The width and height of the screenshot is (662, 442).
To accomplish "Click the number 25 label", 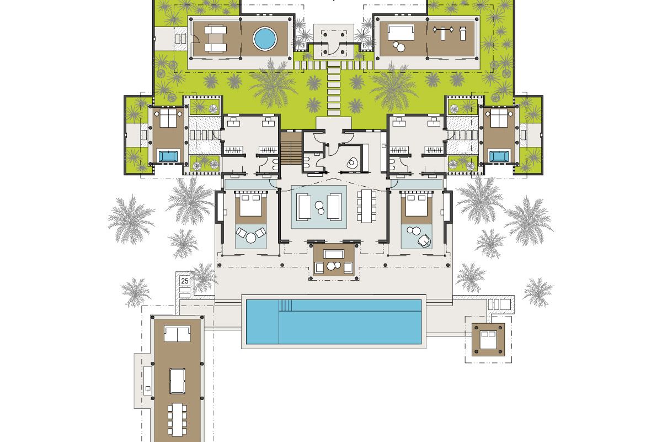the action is (x=185, y=281).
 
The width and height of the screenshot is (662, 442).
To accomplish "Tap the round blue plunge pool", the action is (x=265, y=39).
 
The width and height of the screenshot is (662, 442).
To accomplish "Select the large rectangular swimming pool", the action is (x=334, y=322).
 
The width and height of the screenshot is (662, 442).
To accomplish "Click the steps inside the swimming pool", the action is (x=286, y=305).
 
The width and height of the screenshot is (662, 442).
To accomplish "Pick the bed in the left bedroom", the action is (x=251, y=205).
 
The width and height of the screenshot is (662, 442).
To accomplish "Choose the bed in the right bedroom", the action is (x=417, y=205).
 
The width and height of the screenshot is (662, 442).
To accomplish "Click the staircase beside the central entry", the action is (x=291, y=148).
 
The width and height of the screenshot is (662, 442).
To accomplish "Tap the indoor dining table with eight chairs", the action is (x=366, y=206).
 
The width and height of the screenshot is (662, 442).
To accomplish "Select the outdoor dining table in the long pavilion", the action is (x=177, y=419).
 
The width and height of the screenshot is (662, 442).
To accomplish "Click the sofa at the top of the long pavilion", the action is (x=177, y=334).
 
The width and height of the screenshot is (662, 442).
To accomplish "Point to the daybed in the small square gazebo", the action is (x=488, y=340).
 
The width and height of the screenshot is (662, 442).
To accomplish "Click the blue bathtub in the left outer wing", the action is (x=168, y=156).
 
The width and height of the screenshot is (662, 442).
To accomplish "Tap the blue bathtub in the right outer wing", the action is (x=499, y=156).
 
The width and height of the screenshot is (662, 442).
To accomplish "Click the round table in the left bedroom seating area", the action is (x=251, y=238).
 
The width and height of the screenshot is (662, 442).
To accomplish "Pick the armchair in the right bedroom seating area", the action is (x=424, y=240).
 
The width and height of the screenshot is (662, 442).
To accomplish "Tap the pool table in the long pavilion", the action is (x=177, y=381).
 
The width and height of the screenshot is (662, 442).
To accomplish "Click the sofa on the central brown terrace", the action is (x=334, y=254).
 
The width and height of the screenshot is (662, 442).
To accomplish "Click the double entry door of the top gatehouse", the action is (x=334, y=48).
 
